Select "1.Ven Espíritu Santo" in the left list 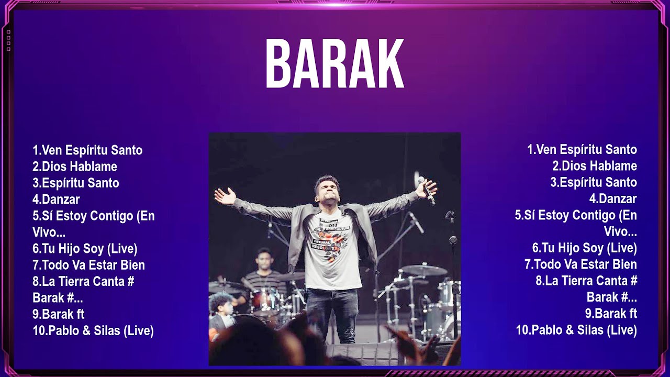click(x=87, y=150)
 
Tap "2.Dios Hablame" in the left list click(x=75, y=167)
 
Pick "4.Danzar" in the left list click(x=56, y=199)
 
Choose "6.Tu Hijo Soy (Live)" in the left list click(x=85, y=249)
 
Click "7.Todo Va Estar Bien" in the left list click(x=88, y=265)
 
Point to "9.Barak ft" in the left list click(x=59, y=314)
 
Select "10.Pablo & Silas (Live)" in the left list click(x=93, y=331)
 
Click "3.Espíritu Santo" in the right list click(x=594, y=182)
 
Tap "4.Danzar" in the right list click(x=613, y=199)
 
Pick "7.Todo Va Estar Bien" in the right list click(x=580, y=264)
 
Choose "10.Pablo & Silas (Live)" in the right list click(x=576, y=330)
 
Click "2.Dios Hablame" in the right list click(x=595, y=166)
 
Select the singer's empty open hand click(x=225, y=196)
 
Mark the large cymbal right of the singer click(x=424, y=270)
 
